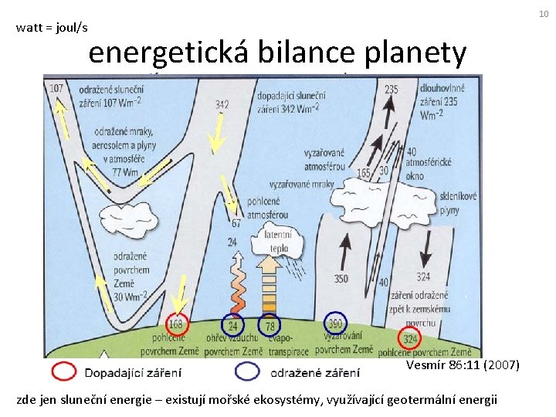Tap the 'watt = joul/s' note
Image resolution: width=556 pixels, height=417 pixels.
[x=52, y=28]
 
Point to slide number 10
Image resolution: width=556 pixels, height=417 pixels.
[x=544, y=13]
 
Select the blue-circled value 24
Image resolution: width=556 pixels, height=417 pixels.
[x=232, y=325]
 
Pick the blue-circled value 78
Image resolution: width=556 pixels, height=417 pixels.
[x=269, y=325]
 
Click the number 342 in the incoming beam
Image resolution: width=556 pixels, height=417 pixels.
[x=222, y=105]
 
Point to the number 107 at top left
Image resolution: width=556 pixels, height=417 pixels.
[x=56, y=90]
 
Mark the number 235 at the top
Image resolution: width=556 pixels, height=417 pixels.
[x=391, y=90]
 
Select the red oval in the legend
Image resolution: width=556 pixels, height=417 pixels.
[x=64, y=372]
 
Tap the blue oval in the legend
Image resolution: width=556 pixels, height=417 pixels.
[x=248, y=372]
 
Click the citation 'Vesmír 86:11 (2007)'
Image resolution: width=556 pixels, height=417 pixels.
[x=463, y=364]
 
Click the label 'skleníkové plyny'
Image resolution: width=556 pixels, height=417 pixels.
[x=459, y=203]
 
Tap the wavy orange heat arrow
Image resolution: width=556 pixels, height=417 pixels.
[x=234, y=286]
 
